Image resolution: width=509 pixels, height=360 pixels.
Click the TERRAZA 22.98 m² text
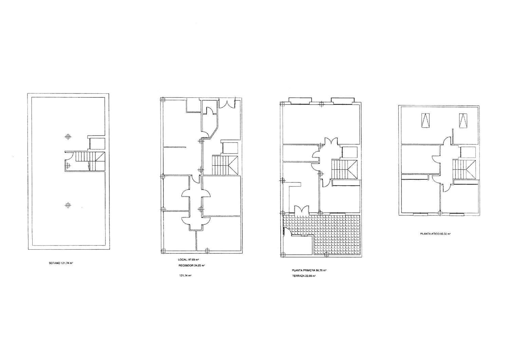(x=304, y=276)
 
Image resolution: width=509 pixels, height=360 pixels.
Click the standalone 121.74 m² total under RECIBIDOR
(x=185, y=276)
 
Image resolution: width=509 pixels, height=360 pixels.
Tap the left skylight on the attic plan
(x=425, y=121)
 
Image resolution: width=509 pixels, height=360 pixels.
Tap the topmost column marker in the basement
(x=68, y=137)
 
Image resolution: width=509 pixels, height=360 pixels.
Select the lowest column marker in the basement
(x=68, y=205)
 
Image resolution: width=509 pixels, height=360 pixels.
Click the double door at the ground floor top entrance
(x=227, y=103)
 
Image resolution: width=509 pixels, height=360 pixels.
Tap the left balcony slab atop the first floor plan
(x=299, y=100)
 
